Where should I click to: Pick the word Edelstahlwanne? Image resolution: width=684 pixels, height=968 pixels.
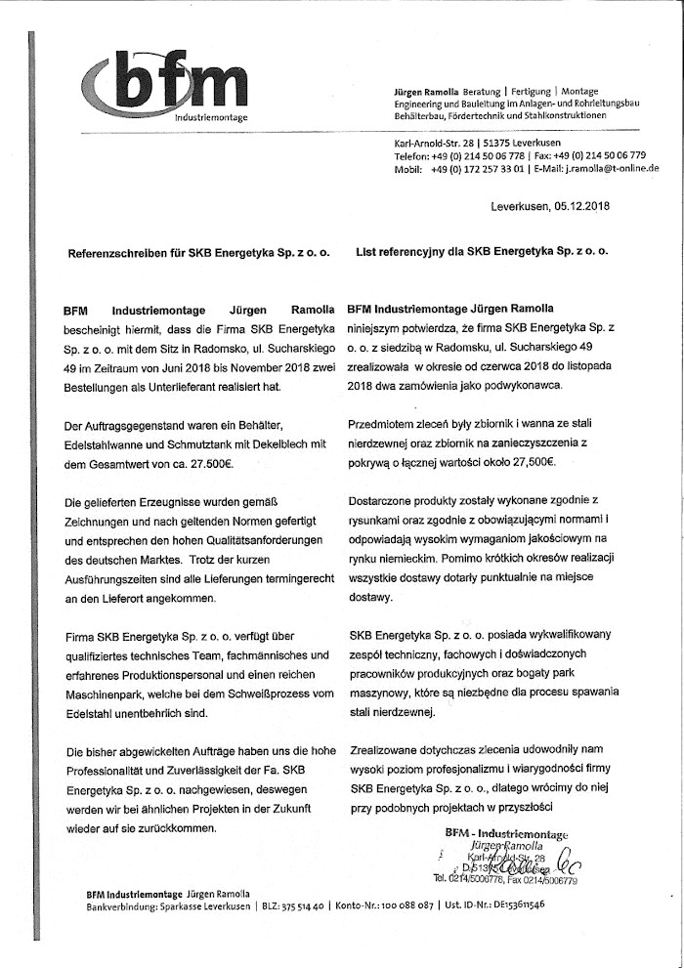104,445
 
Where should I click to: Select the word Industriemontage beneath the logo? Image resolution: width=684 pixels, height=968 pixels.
211,117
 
